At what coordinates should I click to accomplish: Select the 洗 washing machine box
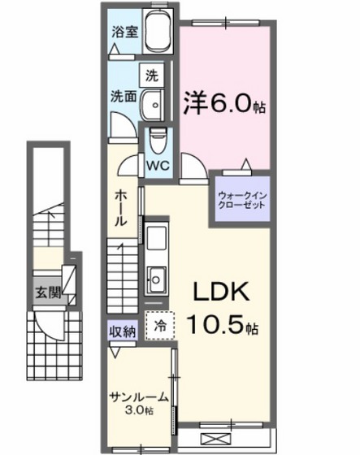pyautogui.click(x=151, y=76)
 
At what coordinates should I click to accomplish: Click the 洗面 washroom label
pyautogui.click(x=123, y=93)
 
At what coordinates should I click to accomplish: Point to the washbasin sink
pyautogui.click(x=153, y=104)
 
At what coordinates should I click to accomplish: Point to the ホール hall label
pyautogui.click(x=119, y=208)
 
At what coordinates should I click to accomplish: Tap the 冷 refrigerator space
pyautogui.click(x=160, y=323)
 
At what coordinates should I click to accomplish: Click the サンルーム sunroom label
pyautogui.click(x=139, y=396)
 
